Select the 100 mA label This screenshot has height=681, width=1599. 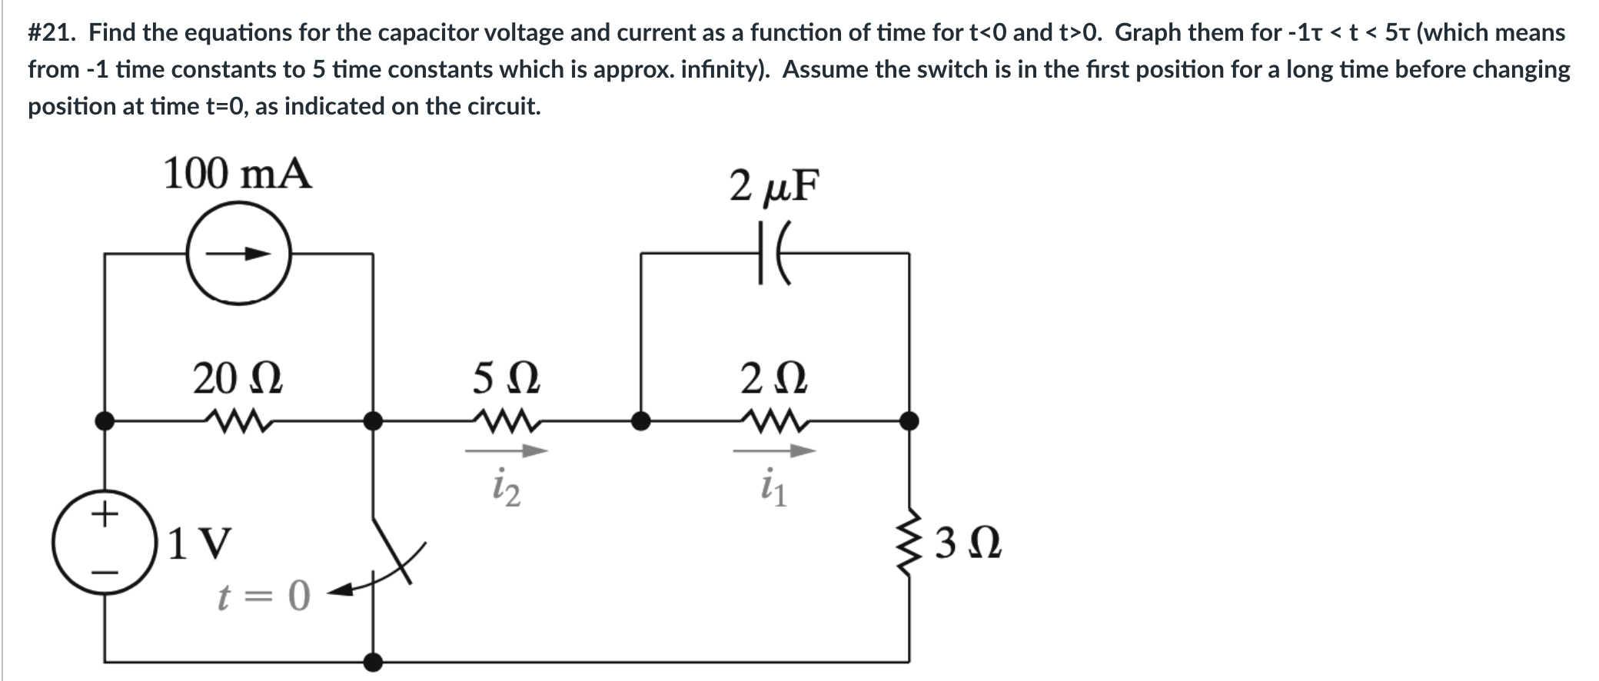click(x=238, y=174)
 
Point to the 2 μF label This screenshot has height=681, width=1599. click(x=775, y=185)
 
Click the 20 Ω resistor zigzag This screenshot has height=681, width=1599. click(x=238, y=420)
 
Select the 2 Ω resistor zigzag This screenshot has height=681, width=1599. click(x=774, y=420)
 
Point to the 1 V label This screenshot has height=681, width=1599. click(x=198, y=544)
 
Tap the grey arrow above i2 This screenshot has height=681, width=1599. click(x=506, y=452)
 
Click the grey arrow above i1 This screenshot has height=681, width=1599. click(x=774, y=452)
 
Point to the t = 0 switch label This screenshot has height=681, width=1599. click(x=264, y=595)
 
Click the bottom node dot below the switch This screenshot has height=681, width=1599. click(x=374, y=661)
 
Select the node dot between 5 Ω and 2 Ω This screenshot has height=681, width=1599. click(x=640, y=420)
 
